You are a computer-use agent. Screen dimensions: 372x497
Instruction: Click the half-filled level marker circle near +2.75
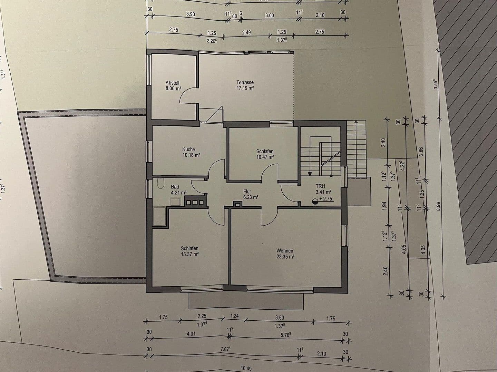pos(315,202)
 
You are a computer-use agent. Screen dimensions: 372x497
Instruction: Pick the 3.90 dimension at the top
pos(191,14)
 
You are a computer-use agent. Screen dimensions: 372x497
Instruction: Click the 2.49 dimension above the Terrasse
pos(246,32)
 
